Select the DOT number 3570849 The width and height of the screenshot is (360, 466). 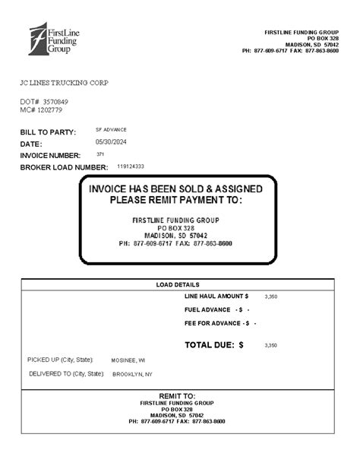click(x=55, y=101)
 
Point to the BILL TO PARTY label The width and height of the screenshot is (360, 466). click(x=48, y=132)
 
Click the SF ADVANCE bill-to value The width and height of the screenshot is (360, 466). click(x=111, y=130)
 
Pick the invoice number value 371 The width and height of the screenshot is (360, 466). click(x=101, y=154)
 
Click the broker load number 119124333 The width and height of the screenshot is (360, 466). click(x=131, y=166)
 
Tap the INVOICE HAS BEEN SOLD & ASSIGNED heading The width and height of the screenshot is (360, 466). click(x=175, y=189)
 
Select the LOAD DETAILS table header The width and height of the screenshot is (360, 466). click(x=177, y=284)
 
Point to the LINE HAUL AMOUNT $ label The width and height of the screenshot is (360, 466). click(x=216, y=295)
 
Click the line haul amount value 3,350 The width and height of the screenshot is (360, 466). click(x=270, y=296)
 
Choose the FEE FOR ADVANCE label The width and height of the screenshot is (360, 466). click(x=216, y=323)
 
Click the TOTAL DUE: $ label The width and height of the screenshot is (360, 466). click(x=213, y=344)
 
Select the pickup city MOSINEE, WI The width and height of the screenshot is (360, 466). click(x=128, y=360)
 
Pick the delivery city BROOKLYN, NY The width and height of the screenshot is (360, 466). click(x=132, y=374)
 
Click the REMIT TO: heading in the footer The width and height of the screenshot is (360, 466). click(x=177, y=396)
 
